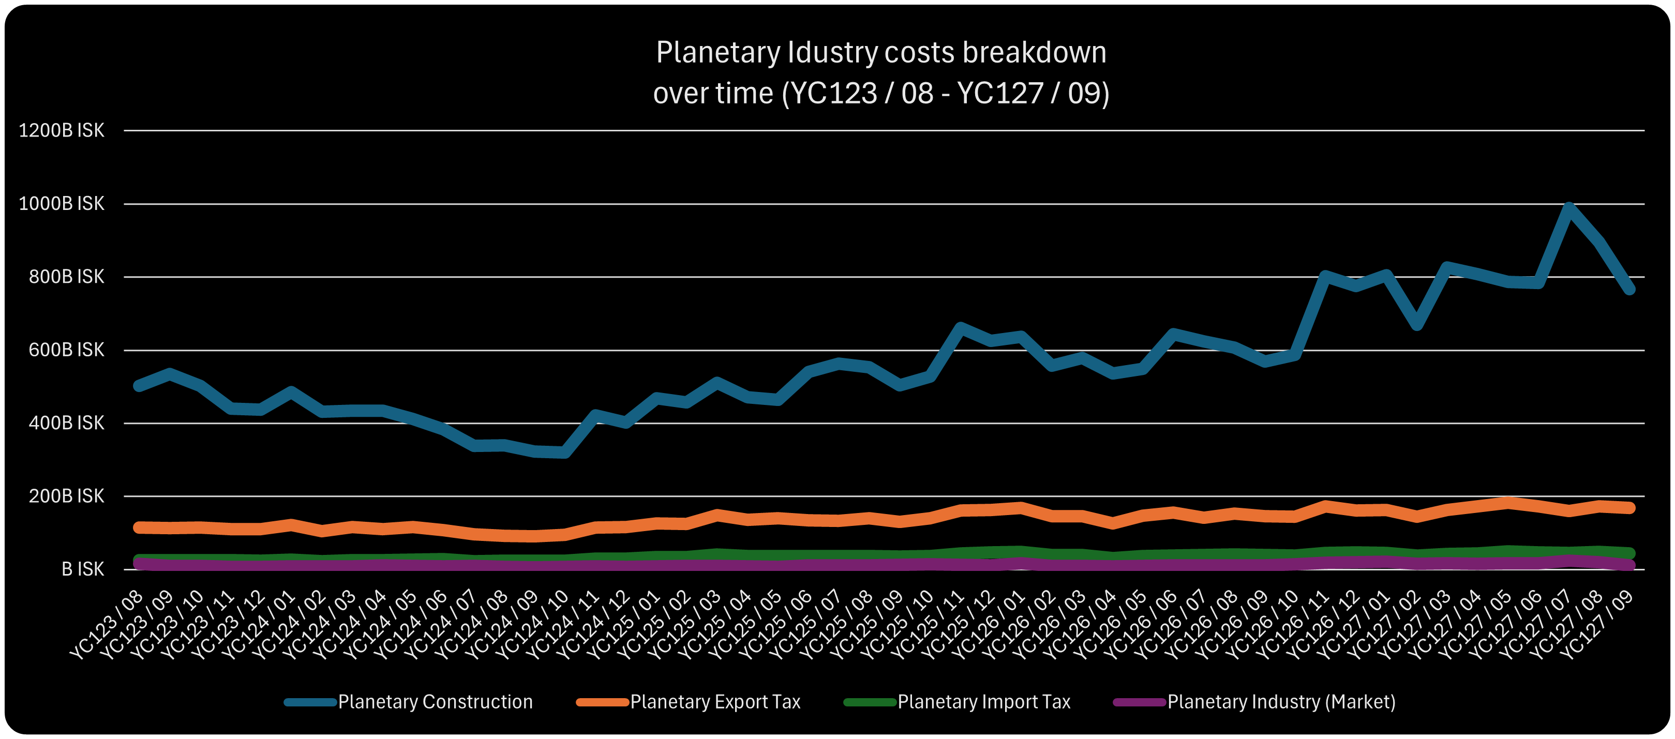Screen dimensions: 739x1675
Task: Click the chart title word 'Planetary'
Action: click(x=718, y=53)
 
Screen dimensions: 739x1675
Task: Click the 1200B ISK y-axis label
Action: click(x=62, y=131)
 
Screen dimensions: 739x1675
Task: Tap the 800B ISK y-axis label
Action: click(x=66, y=277)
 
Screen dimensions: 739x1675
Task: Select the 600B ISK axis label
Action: click(x=66, y=350)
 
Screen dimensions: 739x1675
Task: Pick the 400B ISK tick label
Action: click(x=66, y=423)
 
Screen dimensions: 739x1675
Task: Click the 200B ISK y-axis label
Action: click(x=66, y=496)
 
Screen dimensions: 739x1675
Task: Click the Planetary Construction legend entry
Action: click(x=435, y=702)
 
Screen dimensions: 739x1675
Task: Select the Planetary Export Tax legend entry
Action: click(x=714, y=702)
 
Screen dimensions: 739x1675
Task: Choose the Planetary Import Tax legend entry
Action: click(x=983, y=702)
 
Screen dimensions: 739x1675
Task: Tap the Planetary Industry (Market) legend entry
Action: click(x=1281, y=702)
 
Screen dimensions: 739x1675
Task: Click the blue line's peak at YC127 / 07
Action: click(x=1569, y=208)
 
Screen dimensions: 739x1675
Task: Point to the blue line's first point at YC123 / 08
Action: click(x=139, y=385)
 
